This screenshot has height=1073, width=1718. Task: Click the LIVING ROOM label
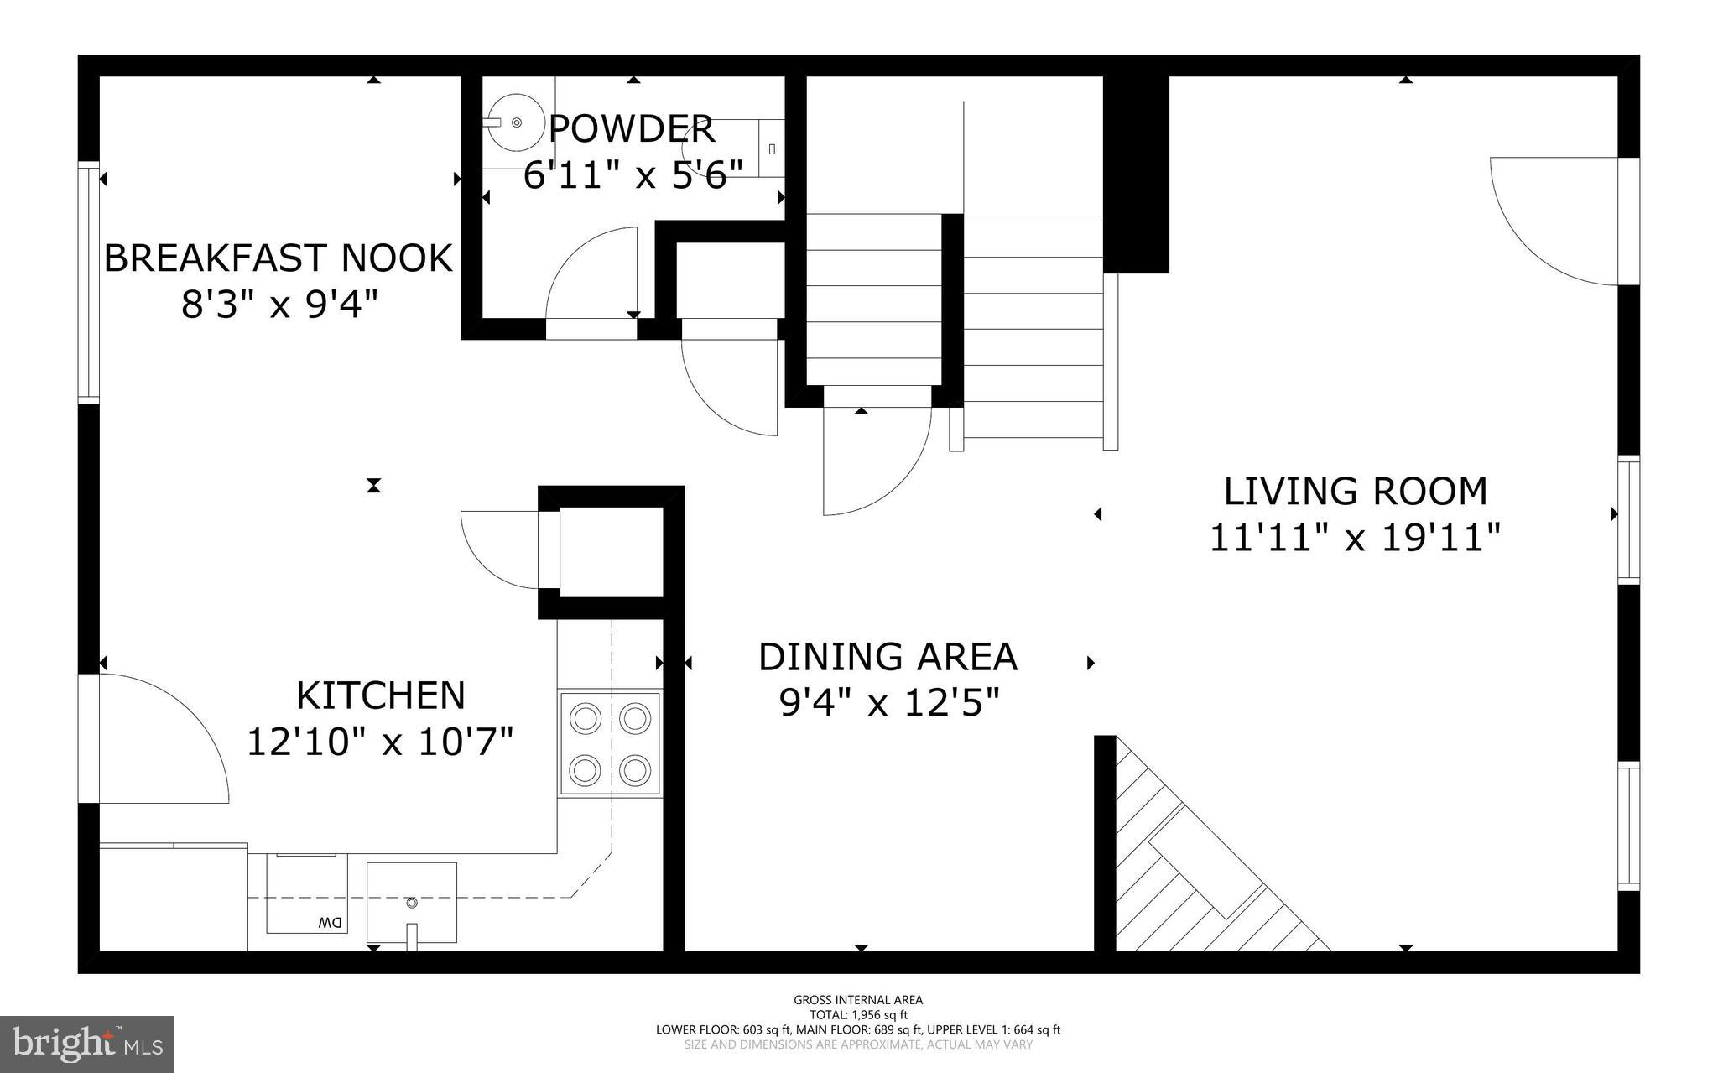[1355, 492]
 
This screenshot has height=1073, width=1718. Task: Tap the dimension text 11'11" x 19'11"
[1354, 538]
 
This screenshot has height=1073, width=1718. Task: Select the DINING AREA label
[888, 657]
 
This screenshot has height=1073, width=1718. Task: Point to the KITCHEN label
[381, 695]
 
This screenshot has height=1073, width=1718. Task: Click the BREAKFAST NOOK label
[278, 258]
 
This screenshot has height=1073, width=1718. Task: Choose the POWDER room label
[632, 130]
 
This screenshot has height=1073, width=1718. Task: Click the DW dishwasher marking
[331, 923]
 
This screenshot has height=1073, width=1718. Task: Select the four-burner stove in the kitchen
[611, 743]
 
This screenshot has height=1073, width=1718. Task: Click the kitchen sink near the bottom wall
[412, 903]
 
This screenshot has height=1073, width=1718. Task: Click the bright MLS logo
[87, 1044]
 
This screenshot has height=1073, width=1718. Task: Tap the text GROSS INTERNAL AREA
[858, 1000]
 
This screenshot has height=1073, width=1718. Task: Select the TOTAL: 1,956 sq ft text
[858, 1015]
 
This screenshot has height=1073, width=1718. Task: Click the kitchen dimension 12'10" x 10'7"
[380, 742]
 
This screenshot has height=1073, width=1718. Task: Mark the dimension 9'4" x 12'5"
[889, 703]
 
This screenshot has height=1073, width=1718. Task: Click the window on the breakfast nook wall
[89, 281]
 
